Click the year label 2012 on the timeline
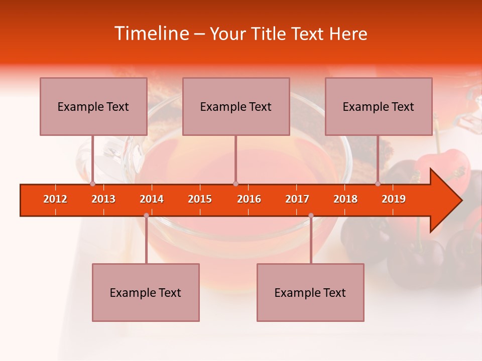[x=55, y=199]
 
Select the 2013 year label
[x=103, y=199]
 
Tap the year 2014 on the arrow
[x=152, y=199]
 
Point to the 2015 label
[x=200, y=199]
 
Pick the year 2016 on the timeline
[x=249, y=199]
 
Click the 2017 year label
[x=297, y=199]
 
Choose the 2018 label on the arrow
[x=345, y=199]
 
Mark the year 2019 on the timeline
[x=394, y=199]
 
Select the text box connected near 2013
[x=93, y=106]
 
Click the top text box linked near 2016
[x=236, y=106]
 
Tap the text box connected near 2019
[x=379, y=106]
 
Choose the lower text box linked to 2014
[x=146, y=292]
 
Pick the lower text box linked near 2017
[x=310, y=292]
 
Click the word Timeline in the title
[x=151, y=34]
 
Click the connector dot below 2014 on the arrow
[x=146, y=216]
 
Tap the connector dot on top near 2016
[x=235, y=184]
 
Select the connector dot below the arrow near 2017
[x=311, y=216]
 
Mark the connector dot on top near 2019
[x=378, y=184]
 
